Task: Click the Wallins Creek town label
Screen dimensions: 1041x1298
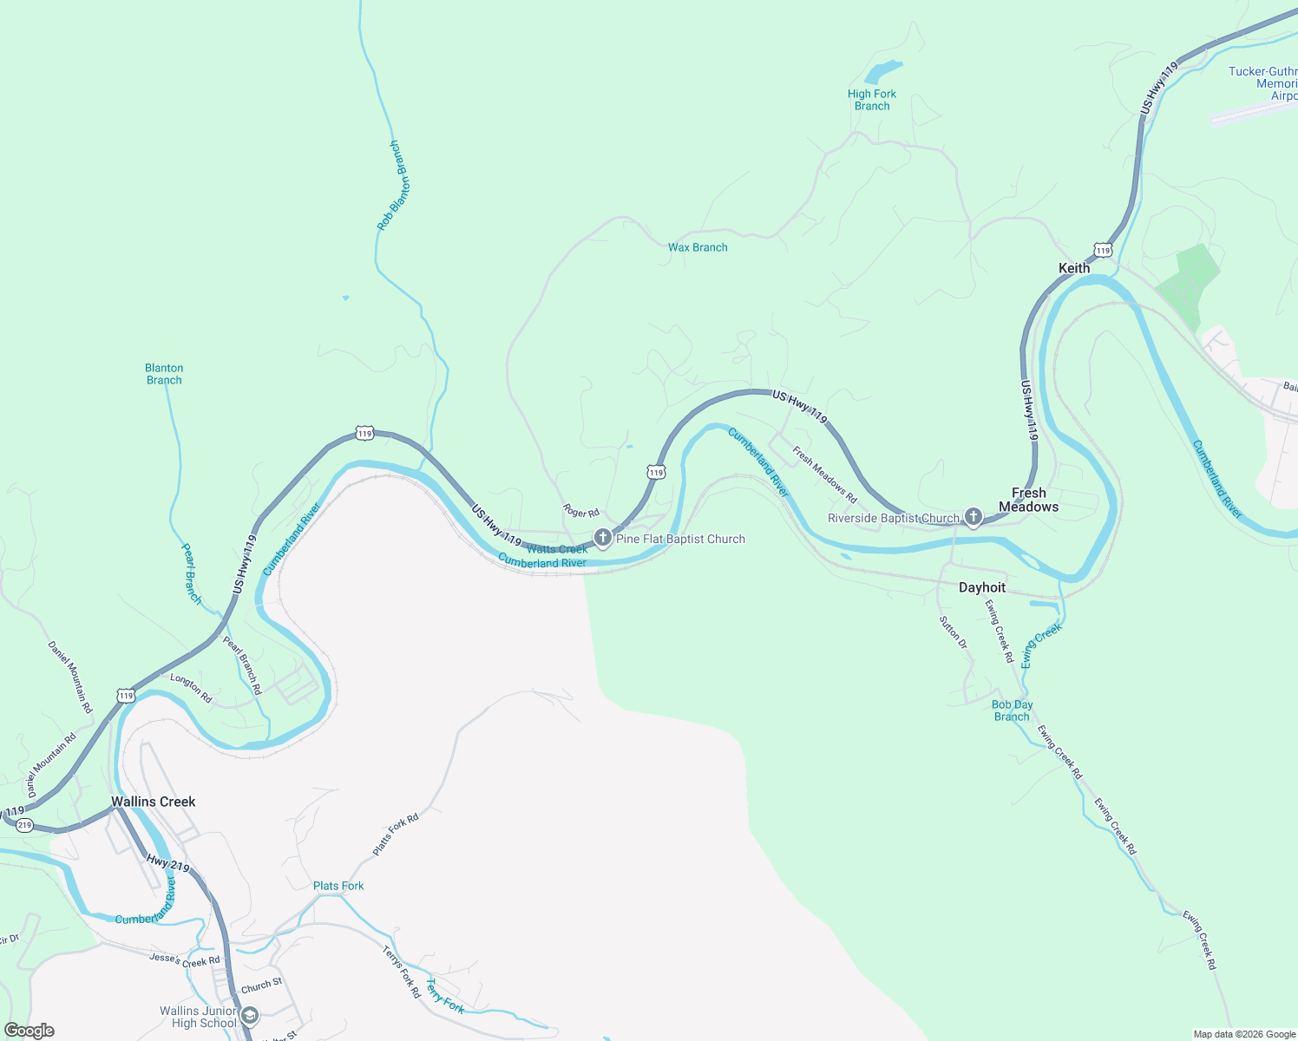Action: coord(154,802)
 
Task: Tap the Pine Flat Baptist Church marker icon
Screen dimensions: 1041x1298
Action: coord(602,539)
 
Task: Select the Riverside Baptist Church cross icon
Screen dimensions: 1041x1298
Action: coord(973,518)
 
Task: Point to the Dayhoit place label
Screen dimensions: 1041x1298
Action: coord(982,587)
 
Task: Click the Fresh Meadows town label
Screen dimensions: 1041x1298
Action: coord(1028,500)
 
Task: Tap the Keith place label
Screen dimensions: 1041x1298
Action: coord(1074,268)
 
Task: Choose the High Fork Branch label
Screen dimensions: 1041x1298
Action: coord(872,100)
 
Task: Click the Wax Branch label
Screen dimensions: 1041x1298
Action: coord(698,247)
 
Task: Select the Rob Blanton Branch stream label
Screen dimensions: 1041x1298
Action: coord(390,186)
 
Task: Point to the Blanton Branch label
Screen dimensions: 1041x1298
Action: coord(164,374)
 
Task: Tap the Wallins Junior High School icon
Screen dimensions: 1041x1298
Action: coord(250,1016)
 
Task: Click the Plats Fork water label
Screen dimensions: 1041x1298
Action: coord(338,886)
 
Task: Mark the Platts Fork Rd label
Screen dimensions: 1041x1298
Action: coord(396,835)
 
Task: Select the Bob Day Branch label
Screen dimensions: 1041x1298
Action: coord(1012,710)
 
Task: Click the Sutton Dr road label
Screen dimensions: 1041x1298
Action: coord(953,632)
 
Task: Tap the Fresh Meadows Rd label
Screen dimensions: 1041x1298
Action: coord(824,475)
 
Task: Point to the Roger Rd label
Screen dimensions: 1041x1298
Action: coord(581,512)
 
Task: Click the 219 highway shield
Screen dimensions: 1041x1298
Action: coord(24,825)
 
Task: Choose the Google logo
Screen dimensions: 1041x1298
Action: coord(29,1031)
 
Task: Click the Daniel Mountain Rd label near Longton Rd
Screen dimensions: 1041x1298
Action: coord(70,677)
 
